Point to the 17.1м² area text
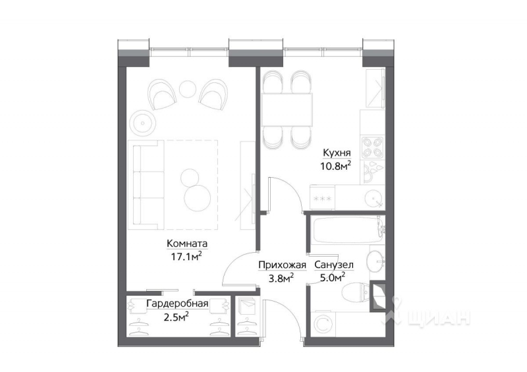[186, 255]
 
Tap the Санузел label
[334, 265]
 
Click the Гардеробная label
[177, 304]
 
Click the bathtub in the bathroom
[343, 231]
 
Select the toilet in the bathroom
[356, 290]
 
